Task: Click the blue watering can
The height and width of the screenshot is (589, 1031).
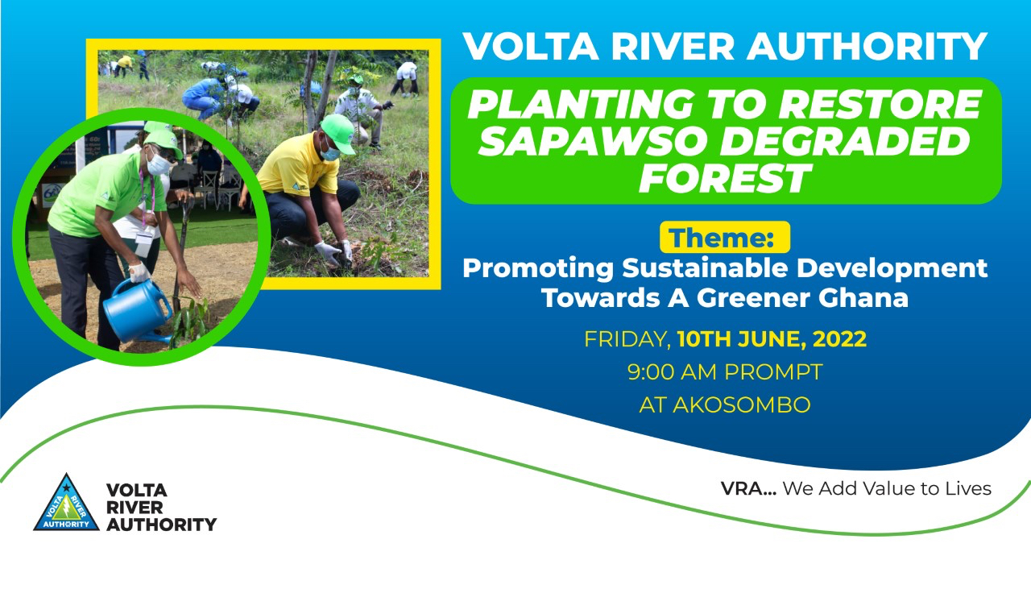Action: click(x=137, y=311)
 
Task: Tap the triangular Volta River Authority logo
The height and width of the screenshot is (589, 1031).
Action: click(x=66, y=503)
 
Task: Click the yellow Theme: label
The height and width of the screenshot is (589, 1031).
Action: click(x=724, y=237)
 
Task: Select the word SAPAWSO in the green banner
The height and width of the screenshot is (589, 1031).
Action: click(x=594, y=140)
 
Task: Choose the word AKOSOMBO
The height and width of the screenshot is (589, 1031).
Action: click(x=741, y=404)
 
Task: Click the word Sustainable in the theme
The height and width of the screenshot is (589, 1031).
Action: click(x=705, y=268)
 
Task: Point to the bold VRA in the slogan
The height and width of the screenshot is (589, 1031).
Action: click(x=748, y=488)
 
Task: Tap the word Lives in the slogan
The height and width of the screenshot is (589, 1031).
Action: click(x=968, y=488)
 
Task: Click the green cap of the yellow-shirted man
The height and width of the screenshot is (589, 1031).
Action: click(x=338, y=133)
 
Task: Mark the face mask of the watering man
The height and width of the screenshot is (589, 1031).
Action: click(x=157, y=164)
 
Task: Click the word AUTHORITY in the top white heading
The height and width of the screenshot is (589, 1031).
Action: click(x=867, y=46)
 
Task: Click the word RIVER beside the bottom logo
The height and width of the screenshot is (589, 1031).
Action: click(x=135, y=507)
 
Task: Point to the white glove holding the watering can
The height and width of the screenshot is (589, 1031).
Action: click(x=139, y=272)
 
